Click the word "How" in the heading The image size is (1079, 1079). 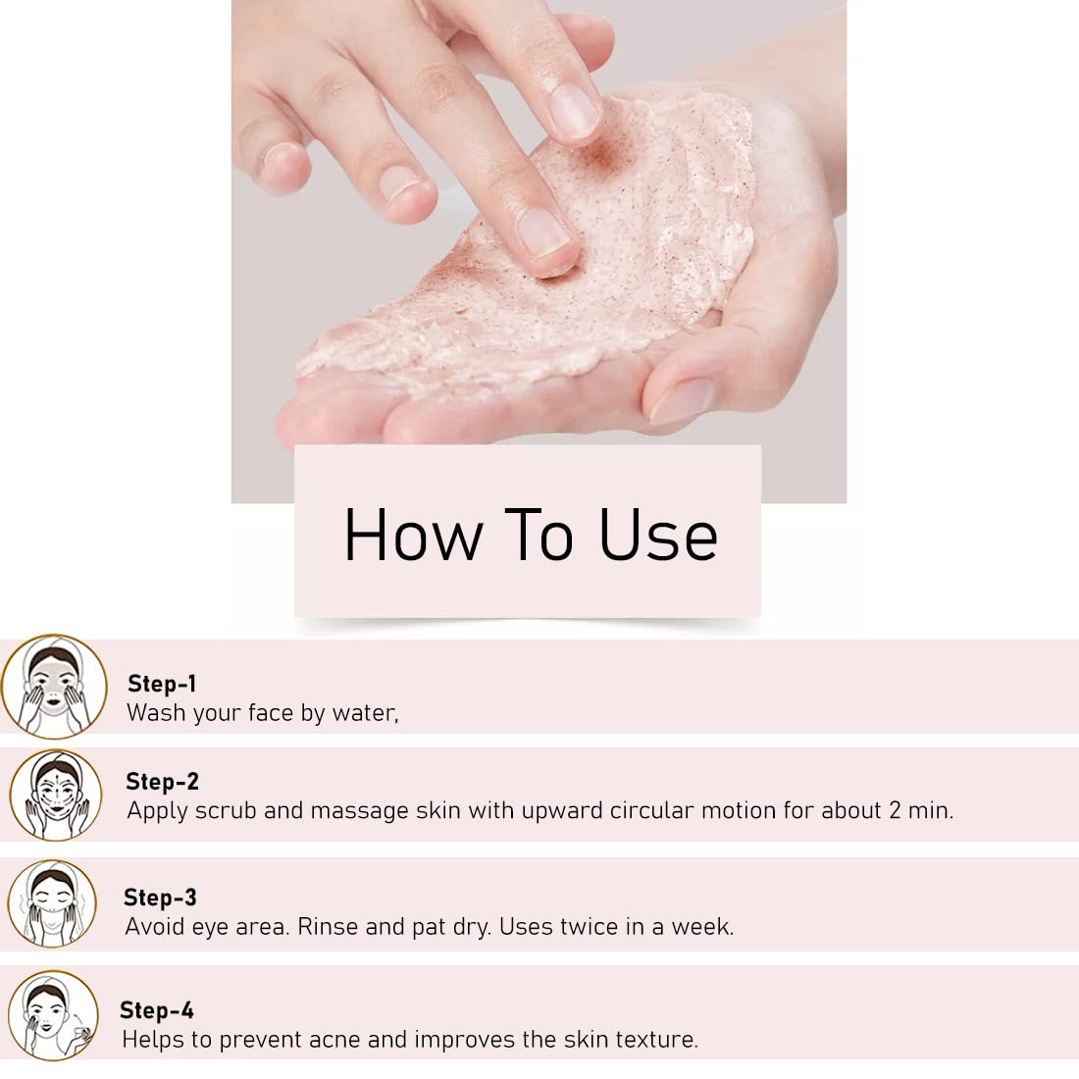pyautogui.click(x=413, y=535)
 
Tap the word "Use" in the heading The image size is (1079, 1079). pyautogui.click(x=658, y=535)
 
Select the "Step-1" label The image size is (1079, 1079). pyautogui.click(x=162, y=684)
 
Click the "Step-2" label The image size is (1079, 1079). pyautogui.click(x=163, y=781)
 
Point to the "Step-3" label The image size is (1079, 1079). pyautogui.click(x=160, y=898)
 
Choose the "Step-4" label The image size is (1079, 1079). pyautogui.click(x=157, y=1010)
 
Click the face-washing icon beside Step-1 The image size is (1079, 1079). pyautogui.click(x=54, y=686)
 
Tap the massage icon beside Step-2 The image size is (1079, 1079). pyautogui.click(x=56, y=795)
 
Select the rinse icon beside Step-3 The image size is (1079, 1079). pyautogui.click(x=52, y=903)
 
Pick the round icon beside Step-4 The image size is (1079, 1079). pyautogui.click(x=53, y=1015)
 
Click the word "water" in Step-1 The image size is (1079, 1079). pyautogui.click(x=364, y=713)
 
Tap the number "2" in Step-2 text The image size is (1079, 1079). pyautogui.click(x=895, y=810)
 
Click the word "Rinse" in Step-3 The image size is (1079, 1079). pyautogui.click(x=328, y=927)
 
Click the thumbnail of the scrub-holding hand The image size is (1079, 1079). pyautogui.click(x=682, y=399)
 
